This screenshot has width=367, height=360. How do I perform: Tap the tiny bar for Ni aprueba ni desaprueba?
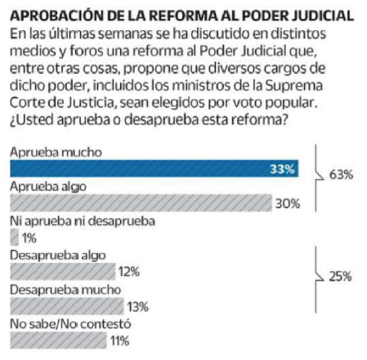(x=12, y=238)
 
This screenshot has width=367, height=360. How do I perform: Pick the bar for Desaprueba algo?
(x=60, y=272)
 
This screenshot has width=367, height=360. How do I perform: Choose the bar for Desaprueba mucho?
(x=65, y=306)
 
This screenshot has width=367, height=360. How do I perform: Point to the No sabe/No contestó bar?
(x=56, y=340)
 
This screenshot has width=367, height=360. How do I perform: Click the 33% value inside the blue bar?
(x=283, y=170)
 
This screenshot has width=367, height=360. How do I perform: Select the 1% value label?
(x=30, y=238)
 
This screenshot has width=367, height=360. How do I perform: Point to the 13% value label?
(x=137, y=307)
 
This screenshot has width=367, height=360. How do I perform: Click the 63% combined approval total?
(x=340, y=174)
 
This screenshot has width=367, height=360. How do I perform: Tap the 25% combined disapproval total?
(x=339, y=277)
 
